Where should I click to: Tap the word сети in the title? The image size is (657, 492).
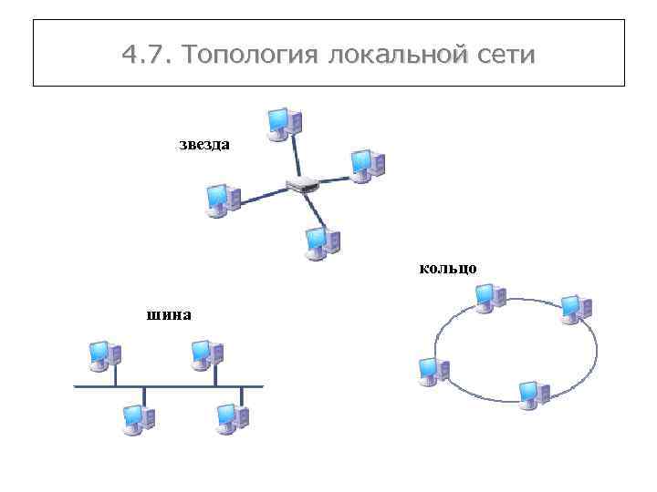coord(506,56)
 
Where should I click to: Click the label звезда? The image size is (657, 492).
coord(203,144)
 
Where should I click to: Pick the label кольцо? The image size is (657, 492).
coord(448,268)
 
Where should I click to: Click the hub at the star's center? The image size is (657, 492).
coord(302,184)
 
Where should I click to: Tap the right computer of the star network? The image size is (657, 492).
coord(368,166)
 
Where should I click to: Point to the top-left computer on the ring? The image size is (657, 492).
coord(490,297)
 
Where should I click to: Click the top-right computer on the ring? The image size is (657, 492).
coord(576,308)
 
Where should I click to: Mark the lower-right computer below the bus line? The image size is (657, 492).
coord(232,417)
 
